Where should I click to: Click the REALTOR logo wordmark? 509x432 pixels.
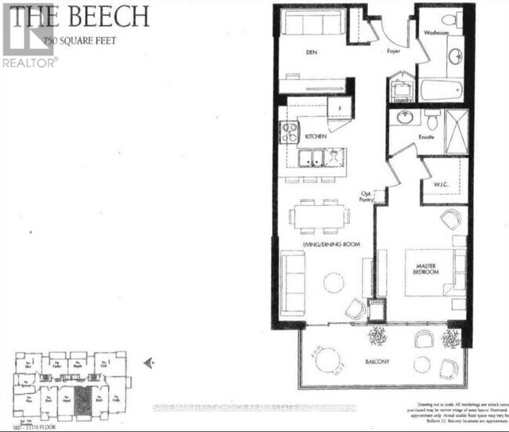pos(29,62)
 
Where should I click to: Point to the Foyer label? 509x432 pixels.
pos(392,52)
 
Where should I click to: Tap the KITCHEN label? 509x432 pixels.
pos(315,136)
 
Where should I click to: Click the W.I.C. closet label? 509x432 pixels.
pos(441,185)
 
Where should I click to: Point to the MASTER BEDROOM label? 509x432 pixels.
pos(427,268)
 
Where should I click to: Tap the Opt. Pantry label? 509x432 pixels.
pos(366,196)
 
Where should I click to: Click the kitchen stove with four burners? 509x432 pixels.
pos(289,132)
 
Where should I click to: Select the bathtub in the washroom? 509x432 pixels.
pos(442,88)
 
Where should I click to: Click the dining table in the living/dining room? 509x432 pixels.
pos(317,216)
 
